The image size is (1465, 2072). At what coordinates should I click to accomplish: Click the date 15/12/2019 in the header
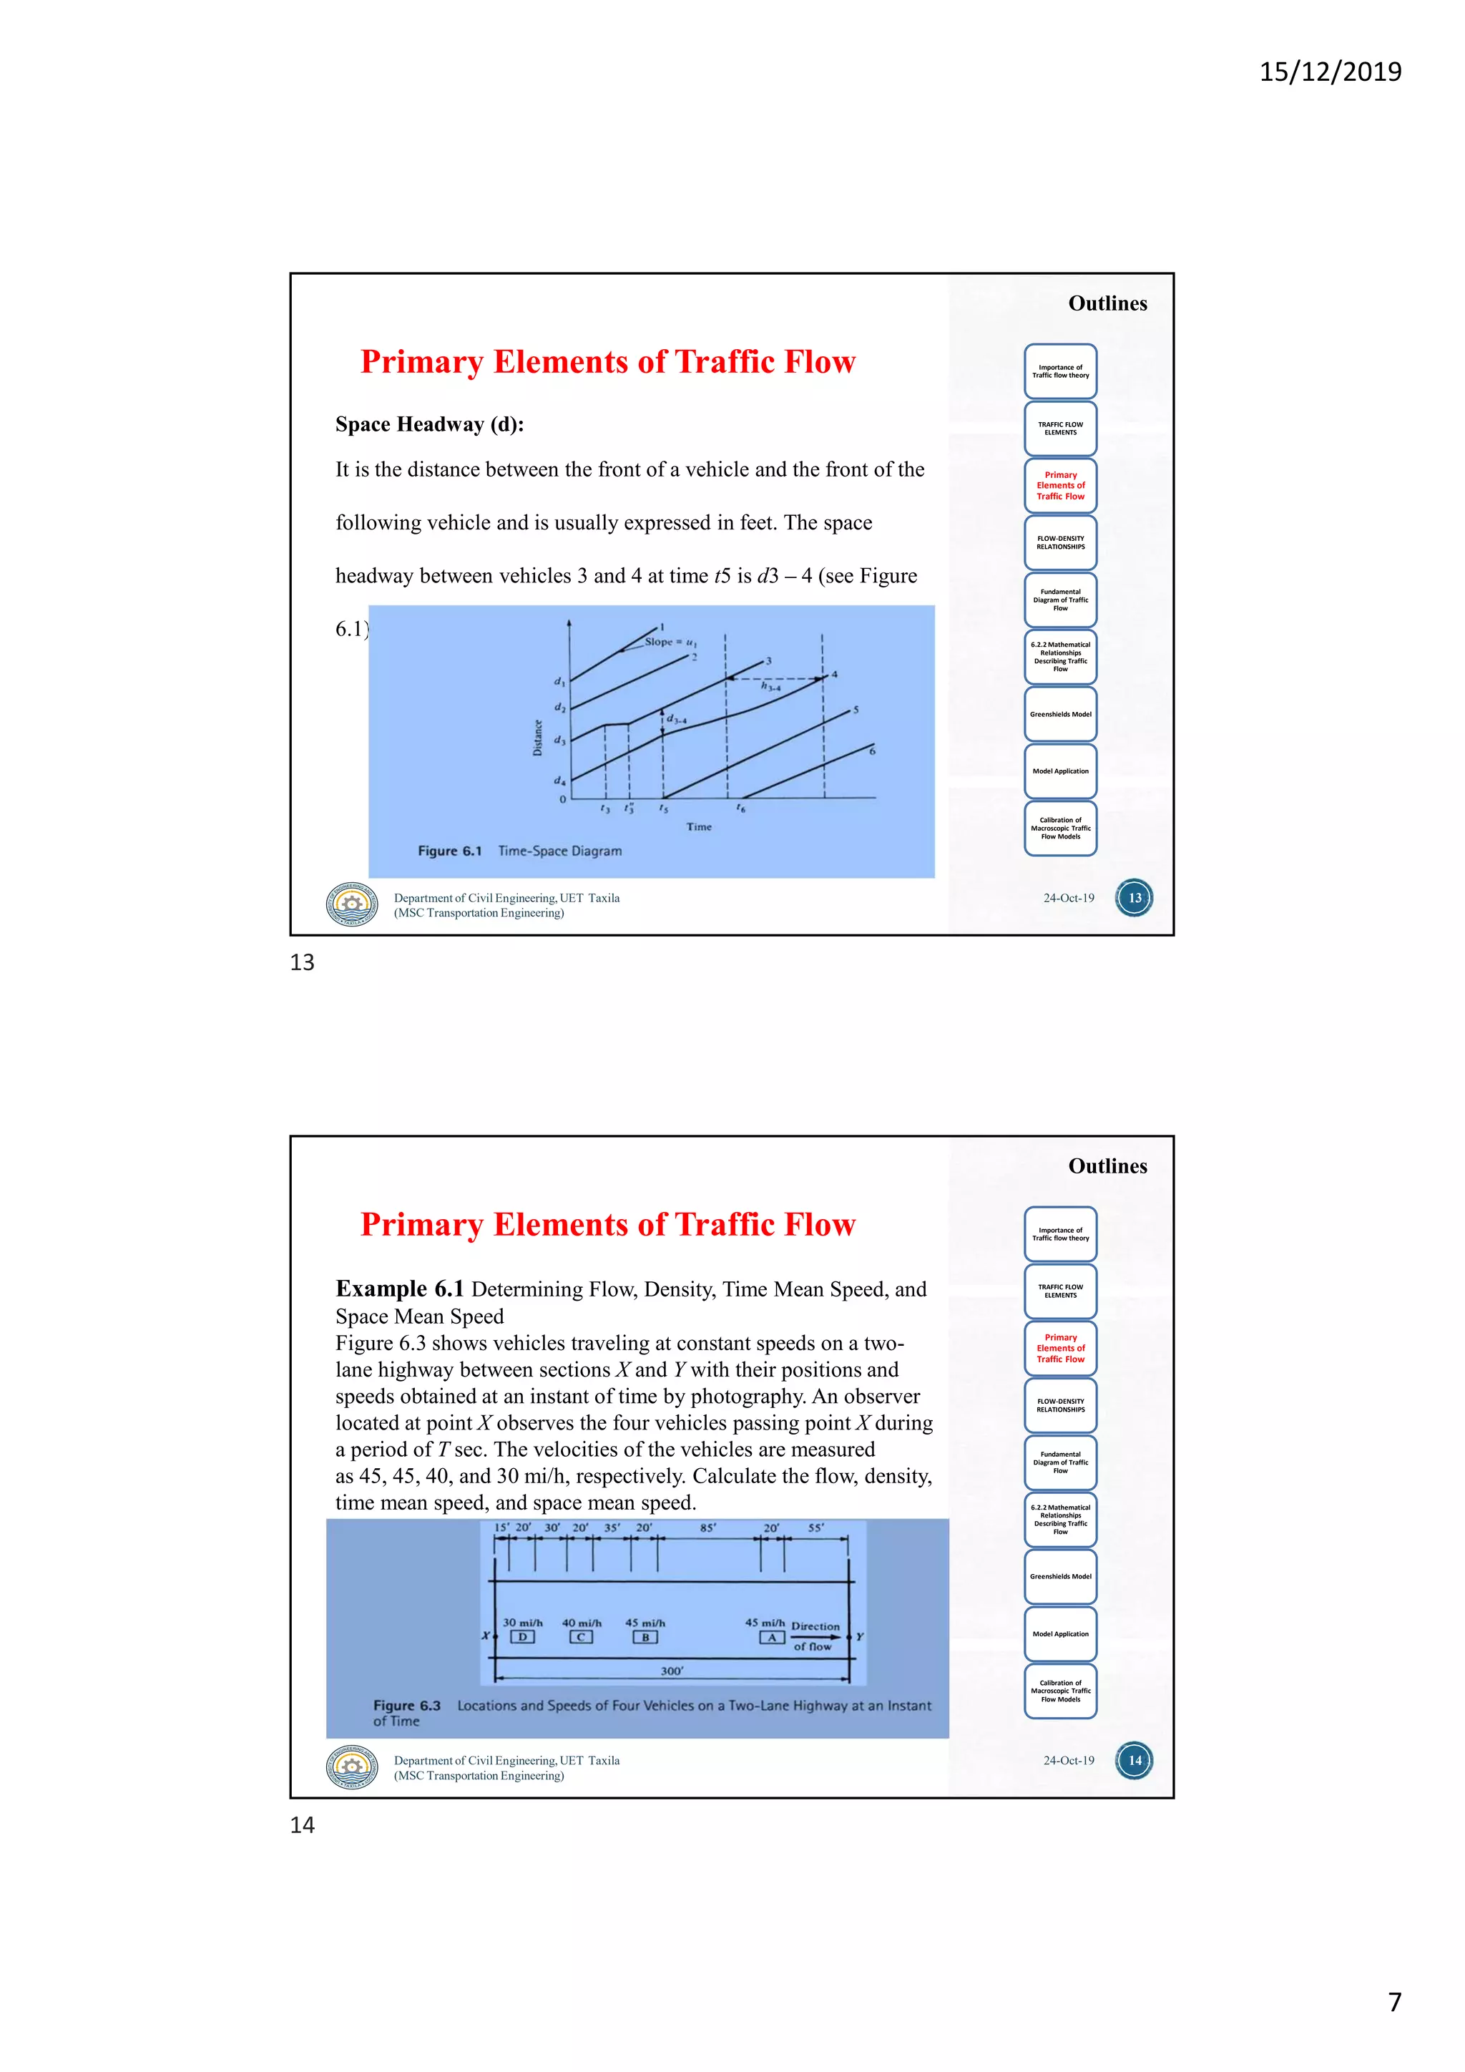point(1330,72)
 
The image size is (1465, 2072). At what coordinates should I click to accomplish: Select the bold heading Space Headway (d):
point(429,424)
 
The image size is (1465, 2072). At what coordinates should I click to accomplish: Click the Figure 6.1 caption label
point(449,851)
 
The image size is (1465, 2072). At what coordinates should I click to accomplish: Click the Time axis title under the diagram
point(698,826)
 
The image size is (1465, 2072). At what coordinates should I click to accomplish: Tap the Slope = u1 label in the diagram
point(670,642)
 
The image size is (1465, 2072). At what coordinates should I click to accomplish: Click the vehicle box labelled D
point(522,1637)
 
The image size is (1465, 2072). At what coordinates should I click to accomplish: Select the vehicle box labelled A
point(771,1637)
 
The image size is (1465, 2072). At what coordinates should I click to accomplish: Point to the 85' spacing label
point(708,1528)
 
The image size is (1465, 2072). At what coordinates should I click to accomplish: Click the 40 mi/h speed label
point(582,1623)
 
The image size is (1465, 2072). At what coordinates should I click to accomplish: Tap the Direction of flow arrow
point(815,1636)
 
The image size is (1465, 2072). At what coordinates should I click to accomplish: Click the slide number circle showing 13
point(1134,898)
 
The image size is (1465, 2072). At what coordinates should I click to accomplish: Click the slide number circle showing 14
point(1134,1761)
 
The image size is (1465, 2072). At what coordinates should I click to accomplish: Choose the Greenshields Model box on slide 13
point(1060,714)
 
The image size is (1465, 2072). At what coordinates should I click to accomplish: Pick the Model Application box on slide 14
point(1060,1633)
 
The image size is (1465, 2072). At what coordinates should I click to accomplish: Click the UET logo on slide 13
point(352,904)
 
